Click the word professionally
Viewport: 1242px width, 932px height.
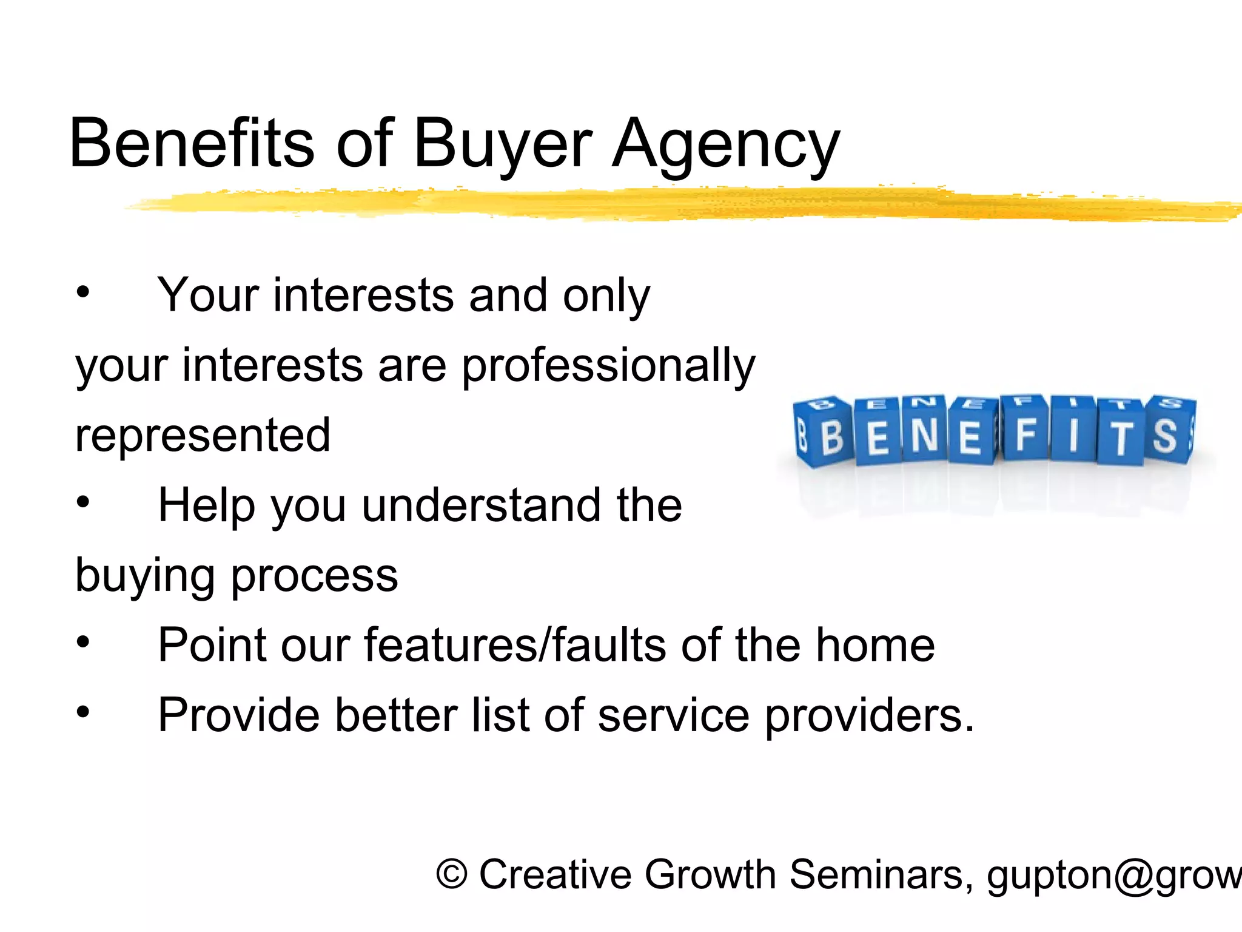[608, 366]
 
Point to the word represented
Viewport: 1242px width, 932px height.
[203, 435]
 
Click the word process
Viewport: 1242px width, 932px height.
[315, 575]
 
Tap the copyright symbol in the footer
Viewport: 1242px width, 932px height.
[452, 876]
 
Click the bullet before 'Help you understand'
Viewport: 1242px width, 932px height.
[83, 502]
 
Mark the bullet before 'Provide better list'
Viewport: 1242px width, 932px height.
[83, 712]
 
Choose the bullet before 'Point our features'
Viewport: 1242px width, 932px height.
[83, 642]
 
